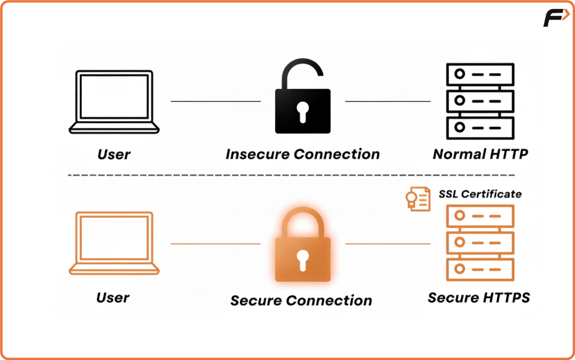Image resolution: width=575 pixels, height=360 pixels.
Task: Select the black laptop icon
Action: tap(114, 101)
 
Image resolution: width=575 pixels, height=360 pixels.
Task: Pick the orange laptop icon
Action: tap(114, 243)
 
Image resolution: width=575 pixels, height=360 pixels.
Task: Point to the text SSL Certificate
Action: tap(480, 194)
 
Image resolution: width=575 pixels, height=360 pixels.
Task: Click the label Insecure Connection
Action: tap(302, 155)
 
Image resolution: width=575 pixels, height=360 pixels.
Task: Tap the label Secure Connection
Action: tap(301, 301)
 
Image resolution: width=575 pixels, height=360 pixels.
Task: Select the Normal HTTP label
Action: tap(480, 155)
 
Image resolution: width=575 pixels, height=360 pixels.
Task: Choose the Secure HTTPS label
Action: tap(479, 298)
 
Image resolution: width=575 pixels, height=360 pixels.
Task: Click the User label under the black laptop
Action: tap(114, 155)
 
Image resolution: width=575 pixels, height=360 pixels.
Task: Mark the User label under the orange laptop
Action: tap(113, 298)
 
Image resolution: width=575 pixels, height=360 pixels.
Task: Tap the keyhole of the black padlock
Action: tap(302, 111)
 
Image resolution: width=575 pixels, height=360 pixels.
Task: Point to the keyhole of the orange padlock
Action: tap(302, 259)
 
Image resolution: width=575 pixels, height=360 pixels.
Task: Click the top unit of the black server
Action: tap(480, 74)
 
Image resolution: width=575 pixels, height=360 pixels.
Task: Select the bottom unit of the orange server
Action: tap(480, 269)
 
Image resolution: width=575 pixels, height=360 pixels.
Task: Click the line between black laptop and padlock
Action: tap(216, 101)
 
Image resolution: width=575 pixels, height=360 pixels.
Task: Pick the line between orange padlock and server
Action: tap(388, 244)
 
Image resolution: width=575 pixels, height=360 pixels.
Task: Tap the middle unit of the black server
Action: tap(480, 101)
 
